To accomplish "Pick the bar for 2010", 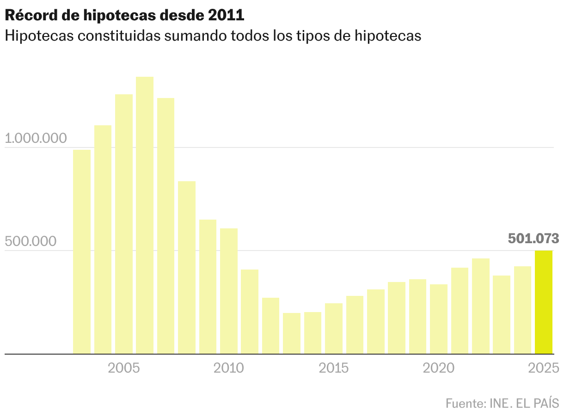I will (x=229, y=291).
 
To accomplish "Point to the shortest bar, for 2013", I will (x=292, y=333).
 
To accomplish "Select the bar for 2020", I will (x=439, y=319).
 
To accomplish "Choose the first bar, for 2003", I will (x=82, y=251).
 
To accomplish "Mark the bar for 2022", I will (x=481, y=306).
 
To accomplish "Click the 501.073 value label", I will (x=533, y=239).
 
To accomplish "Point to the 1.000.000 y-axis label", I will (x=36, y=138).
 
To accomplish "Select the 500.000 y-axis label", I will (x=30, y=241).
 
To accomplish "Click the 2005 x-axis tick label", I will (x=124, y=368).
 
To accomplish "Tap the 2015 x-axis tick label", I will (x=334, y=368).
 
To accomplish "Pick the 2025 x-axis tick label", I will (x=544, y=368).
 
